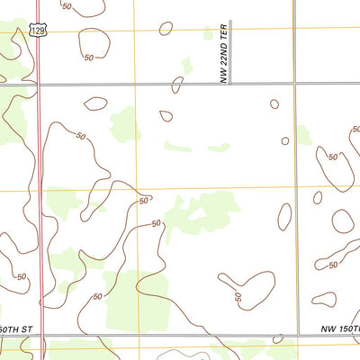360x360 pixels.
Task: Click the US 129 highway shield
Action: (x=34, y=30)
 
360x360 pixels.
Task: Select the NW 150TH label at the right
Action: (x=340, y=330)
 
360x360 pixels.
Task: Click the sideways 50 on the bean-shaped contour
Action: (x=238, y=297)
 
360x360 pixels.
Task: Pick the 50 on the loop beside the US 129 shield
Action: (x=88, y=57)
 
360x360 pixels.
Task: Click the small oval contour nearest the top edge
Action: (x=166, y=29)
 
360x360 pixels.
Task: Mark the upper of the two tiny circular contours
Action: (x=274, y=103)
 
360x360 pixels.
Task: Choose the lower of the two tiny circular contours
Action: (x=285, y=140)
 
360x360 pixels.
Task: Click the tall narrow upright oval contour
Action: (x=284, y=216)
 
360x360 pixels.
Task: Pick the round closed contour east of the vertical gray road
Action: (x=343, y=220)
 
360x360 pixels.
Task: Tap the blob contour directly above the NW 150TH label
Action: (x=325, y=300)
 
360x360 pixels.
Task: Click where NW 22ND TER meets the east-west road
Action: (x=229, y=84)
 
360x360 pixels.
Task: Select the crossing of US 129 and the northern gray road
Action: (x=40, y=84)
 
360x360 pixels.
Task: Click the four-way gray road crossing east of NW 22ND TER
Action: (x=294, y=84)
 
